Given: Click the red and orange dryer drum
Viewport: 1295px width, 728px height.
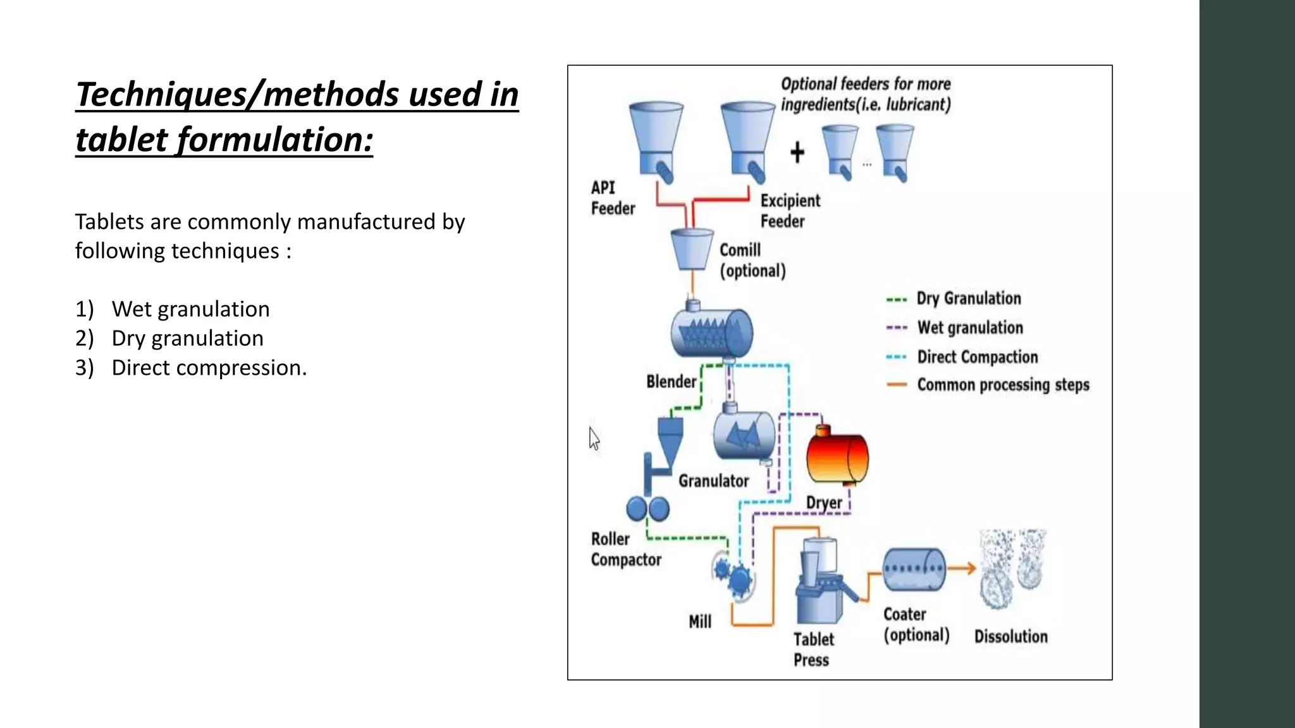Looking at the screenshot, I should pyautogui.click(x=837, y=457).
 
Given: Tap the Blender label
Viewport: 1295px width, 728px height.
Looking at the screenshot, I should pyautogui.click(x=671, y=382).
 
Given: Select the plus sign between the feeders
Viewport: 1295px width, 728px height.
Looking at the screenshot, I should pyautogui.click(x=797, y=152).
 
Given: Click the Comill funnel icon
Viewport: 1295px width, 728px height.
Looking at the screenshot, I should pyautogui.click(x=690, y=249).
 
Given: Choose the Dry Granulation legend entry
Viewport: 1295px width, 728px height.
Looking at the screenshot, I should pyautogui.click(x=968, y=298).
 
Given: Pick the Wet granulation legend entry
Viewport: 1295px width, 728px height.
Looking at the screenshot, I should pyautogui.click(x=969, y=327).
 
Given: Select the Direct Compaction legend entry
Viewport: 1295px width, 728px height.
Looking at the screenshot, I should pyautogui.click(x=977, y=357).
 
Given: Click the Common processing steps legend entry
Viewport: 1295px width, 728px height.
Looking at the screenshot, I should pyautogui.click(x=1002, y=385).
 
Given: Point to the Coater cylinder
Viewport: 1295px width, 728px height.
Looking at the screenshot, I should pyautogui.click(x=914, y=569).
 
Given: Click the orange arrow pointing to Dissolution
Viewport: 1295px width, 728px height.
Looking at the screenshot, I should pyautogui.click(x=962, y=568).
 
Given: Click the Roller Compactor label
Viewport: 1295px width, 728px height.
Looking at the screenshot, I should pyautogui.click(x=625, y=549).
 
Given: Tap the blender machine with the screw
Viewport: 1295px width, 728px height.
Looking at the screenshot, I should pyautogui.click(x=711, y=332).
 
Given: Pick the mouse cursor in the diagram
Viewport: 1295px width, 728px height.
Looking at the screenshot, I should pyautogui.click(x=594, y=437).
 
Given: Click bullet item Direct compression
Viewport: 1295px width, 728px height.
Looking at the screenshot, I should pyautogui.click(x=209, y=368).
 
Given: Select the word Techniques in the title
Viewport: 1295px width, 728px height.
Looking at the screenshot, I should pyautogui.click(x=161, y=95).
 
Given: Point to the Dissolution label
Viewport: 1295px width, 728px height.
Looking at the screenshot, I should pyautogui.click(x=1010, y=636).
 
